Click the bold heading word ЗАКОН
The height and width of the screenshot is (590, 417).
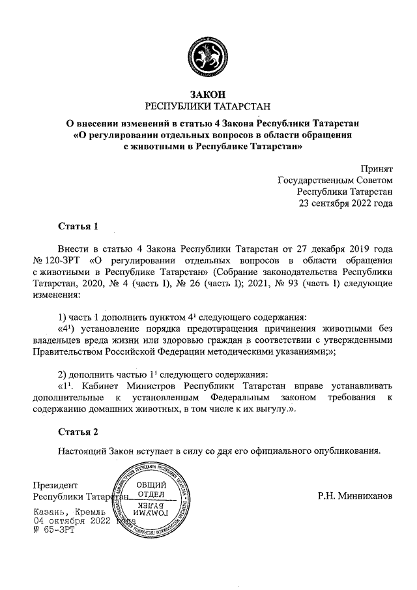(208, 94)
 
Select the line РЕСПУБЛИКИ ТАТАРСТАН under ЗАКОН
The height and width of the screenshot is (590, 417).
(208, 106)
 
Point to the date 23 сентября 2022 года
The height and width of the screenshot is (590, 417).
(345, 203)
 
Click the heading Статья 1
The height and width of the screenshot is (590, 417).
(78, 227)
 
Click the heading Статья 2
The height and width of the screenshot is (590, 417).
(78, 432)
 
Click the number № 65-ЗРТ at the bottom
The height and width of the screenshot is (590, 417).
(54, 531)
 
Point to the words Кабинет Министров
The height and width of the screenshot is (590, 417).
(123, 385)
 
